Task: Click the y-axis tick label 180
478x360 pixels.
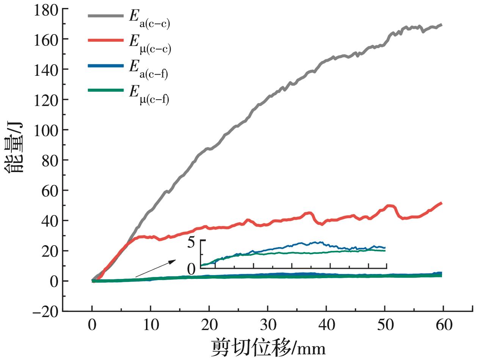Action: (x=46, y=9)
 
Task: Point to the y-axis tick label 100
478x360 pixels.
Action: (x=46, y=130)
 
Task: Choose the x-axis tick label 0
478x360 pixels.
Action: (x=92, y=325)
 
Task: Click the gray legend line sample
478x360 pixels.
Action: (x=106, y=16)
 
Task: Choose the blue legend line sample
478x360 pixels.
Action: (x=106, y=65)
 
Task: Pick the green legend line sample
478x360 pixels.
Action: (x=106, y=90)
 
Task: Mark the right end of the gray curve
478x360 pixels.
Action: (x=441, y=25)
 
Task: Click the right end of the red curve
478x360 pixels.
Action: (x=441, y=203)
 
